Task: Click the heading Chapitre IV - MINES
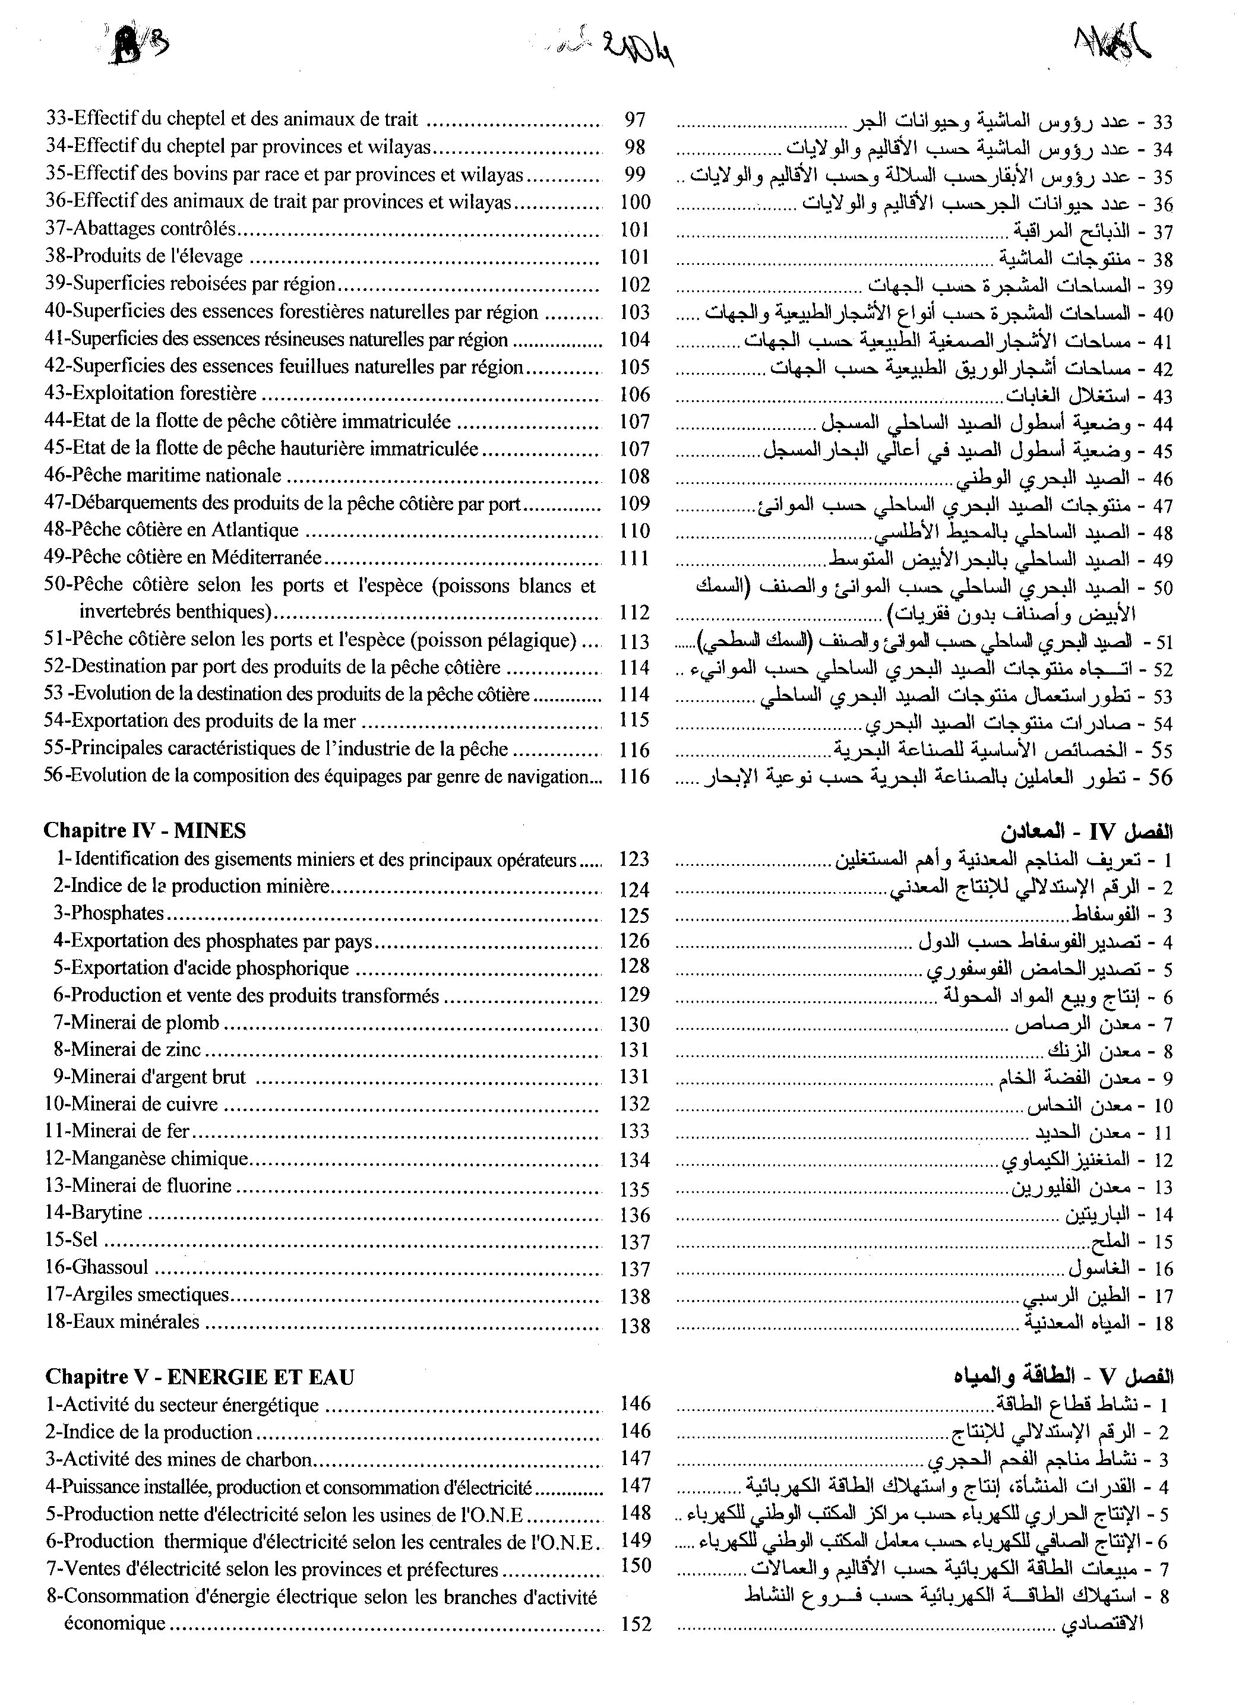click(144, 830)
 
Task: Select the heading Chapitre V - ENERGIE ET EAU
click(199, 1377)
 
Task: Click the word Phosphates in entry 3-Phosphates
click(117, 913)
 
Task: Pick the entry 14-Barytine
click(93, 1213)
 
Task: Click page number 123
click(634, 859)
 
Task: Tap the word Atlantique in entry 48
click(255, 530)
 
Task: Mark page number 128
click(634, 967)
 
